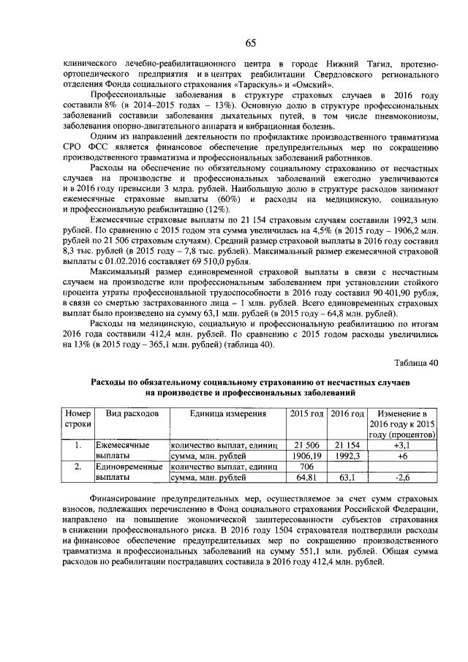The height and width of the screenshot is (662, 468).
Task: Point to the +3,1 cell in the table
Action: [x=404, y=445]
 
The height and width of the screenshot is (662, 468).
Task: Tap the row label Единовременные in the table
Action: [x=132, y=466]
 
